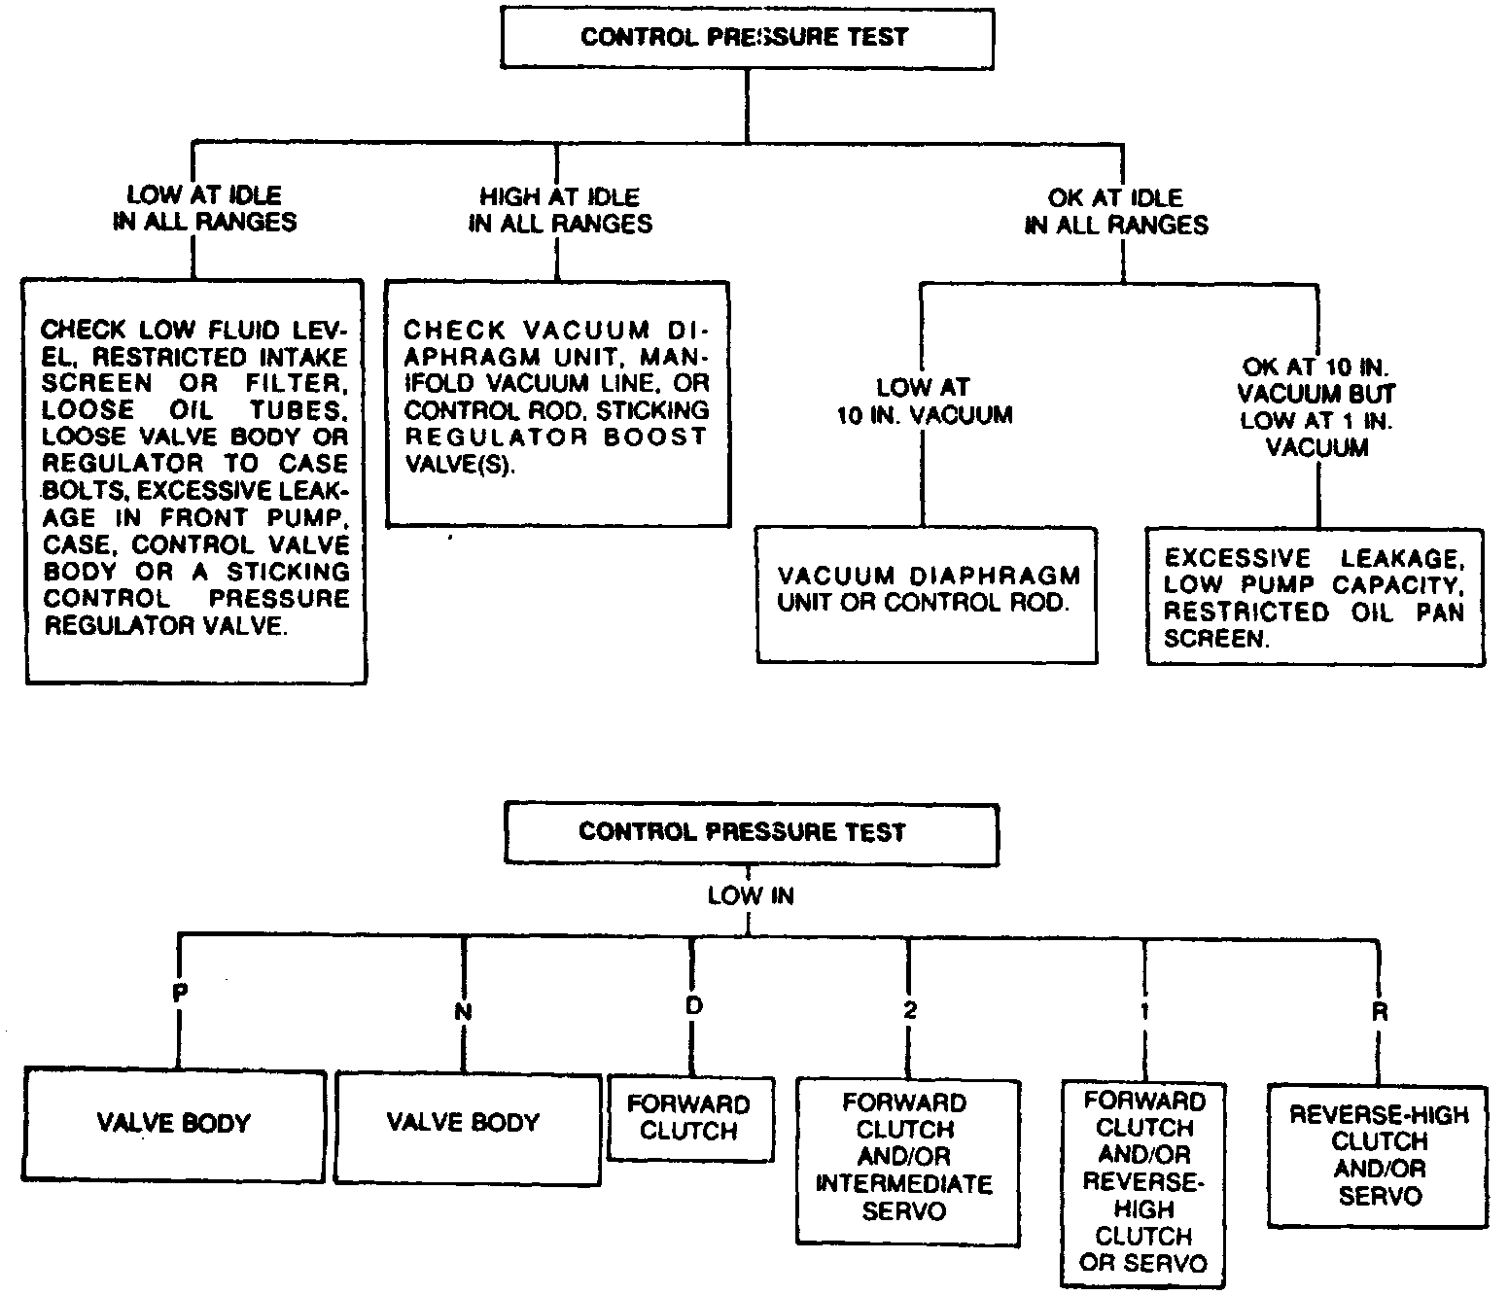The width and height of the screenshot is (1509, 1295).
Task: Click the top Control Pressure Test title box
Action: (745, 37)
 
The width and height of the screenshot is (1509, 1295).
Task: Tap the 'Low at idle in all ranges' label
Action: (204, 210)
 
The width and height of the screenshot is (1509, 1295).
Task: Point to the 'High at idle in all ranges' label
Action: (559, 210)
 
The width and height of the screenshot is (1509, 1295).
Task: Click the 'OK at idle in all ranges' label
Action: (1116, 211)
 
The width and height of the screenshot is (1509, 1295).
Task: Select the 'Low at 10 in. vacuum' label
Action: (924, 402)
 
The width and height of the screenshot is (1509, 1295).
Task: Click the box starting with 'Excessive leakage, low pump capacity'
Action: (1315, 597)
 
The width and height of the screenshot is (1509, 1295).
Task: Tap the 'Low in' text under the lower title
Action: (751, 895)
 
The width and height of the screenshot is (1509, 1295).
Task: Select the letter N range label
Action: (463, 1011)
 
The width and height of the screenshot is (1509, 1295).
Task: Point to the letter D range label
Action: (693, 1005)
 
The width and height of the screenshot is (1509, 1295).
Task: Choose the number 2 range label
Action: (909, 1011)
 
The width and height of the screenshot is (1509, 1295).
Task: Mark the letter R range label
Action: (1379, 1011)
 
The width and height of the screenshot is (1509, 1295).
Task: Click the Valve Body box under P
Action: (174, 1124)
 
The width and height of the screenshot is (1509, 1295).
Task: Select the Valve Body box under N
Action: (464, 1124)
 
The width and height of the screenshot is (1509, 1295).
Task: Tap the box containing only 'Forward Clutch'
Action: (689, 1118)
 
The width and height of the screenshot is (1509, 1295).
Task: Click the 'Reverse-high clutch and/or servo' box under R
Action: (1378, 1155)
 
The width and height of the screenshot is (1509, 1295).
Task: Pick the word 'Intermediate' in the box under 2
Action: (904, 1184)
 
